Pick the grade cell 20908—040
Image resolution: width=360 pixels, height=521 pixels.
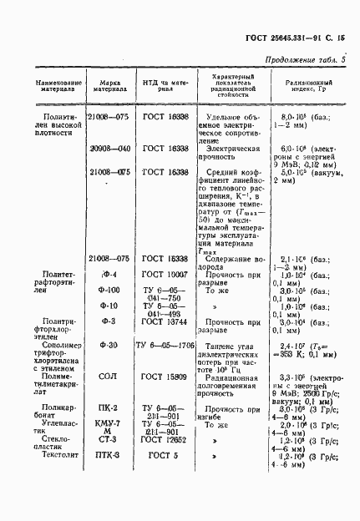tap(110, 148)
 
